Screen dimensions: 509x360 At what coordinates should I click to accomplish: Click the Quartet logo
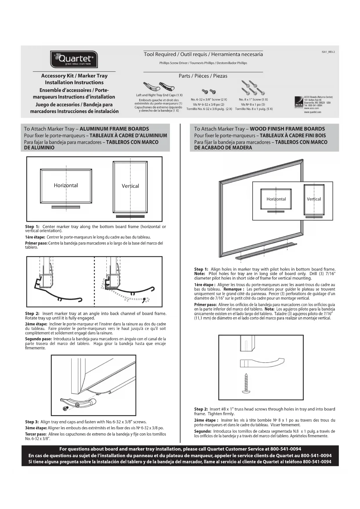click(74, 59)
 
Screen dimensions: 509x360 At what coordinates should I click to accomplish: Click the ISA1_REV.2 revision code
click(328, 52)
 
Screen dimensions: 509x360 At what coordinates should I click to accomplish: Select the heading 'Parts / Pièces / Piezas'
click(203, 76)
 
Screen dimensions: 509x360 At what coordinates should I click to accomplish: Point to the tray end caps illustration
click(159, 86)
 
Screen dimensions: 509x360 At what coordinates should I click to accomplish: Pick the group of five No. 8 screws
click(253, 88)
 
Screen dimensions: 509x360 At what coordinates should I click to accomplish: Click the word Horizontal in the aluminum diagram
click(66, 185)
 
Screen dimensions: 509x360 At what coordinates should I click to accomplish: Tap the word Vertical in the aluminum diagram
click(130, 186)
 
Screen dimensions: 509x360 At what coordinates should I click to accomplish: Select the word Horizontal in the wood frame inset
click(276, 199)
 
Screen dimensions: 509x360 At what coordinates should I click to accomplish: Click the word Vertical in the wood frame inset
click(314, 199)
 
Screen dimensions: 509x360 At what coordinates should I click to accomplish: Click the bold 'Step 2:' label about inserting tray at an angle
click(32, 313)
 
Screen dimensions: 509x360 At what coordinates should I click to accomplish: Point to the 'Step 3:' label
click(32, 422)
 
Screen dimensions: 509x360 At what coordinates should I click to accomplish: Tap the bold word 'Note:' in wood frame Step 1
click(200, 274)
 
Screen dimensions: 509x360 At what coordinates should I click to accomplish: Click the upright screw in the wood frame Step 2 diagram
click(246, 383)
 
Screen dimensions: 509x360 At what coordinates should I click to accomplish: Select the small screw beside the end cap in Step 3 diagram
click(66, 408)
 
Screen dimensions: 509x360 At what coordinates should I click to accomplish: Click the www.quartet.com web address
click(312, 112)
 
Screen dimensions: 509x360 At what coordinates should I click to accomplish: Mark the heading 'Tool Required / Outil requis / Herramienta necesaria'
click(203, 54)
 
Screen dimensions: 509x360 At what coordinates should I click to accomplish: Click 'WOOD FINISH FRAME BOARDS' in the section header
click(287, 129)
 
